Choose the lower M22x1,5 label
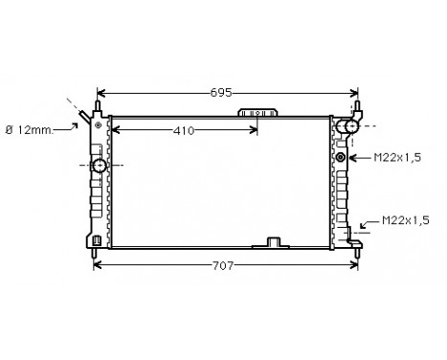(404, 221)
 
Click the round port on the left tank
(100, 166)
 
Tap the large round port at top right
(351, 125)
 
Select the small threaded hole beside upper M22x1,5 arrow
(341, 157)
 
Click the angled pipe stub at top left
(86, 118)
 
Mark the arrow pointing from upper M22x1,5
(358, 157)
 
